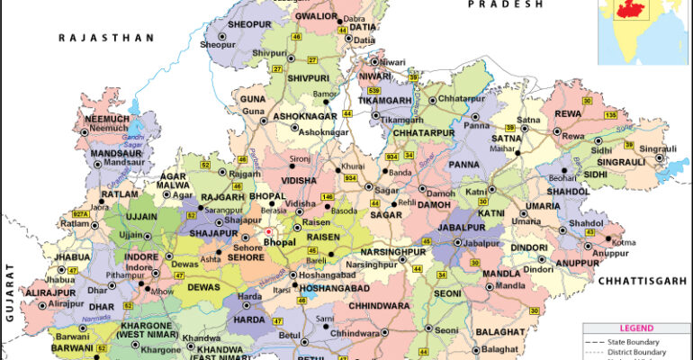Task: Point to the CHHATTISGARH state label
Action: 640,281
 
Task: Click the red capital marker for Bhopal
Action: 268,232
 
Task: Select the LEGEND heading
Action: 635,329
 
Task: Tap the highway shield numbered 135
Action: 610,115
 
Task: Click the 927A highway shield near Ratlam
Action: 82,214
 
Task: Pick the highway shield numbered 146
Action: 328,196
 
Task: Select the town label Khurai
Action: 353,167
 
